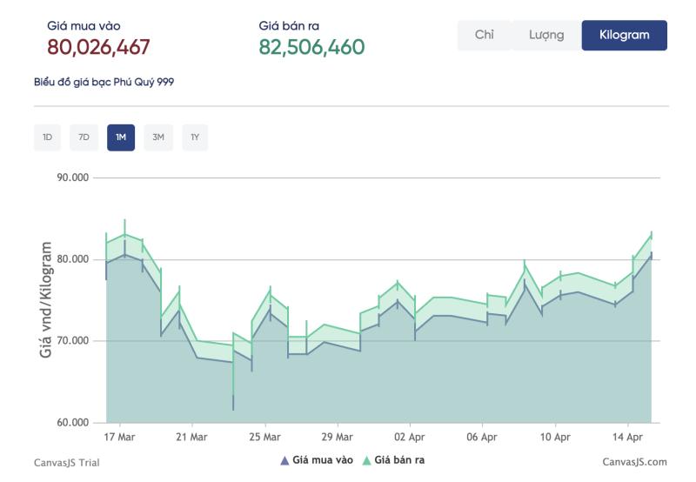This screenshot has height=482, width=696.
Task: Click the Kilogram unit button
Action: point(624,35)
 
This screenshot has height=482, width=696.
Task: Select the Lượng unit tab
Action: point(546,35)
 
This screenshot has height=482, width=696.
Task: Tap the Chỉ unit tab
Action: point(485,35)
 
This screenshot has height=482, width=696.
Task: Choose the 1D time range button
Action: point(48,137)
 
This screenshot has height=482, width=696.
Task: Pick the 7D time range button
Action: point(84,137)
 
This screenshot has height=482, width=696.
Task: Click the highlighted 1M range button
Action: point(121,137)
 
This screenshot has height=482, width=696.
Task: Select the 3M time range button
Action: point(158,137)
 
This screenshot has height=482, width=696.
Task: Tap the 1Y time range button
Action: point(195,137)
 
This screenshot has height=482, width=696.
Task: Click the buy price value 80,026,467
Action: point(98,47)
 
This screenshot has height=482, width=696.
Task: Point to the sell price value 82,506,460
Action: point(311,47)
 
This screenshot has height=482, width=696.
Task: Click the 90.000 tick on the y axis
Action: point(73,177)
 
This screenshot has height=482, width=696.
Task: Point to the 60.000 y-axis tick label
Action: point(73,423)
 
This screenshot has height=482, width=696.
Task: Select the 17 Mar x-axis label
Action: point(119,437)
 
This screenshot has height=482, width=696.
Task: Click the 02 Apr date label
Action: point(409,437)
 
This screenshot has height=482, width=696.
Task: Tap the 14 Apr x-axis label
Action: point(627,437)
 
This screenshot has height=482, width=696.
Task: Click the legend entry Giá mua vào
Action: point(317,460)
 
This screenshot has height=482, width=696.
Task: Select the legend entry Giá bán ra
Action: point(394,460)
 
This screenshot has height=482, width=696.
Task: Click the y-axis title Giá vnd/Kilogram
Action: point(46,299)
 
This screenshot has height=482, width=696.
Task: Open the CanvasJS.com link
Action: point(634,462)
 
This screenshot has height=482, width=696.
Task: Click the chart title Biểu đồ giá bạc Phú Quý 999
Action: point(104,82)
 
